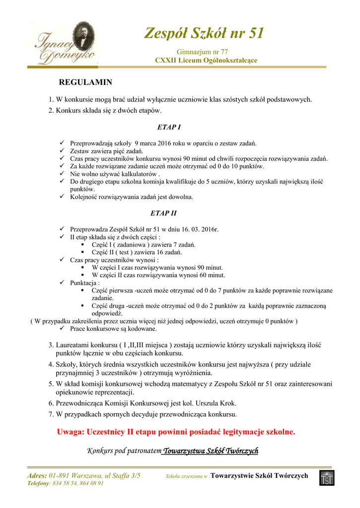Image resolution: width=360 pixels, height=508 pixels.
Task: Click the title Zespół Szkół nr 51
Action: (204, 33)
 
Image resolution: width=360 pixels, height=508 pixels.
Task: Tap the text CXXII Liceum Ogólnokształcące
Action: (206, 60)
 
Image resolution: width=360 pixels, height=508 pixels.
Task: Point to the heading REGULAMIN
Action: (86, 82)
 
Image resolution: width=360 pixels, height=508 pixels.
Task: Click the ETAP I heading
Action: (169, 127)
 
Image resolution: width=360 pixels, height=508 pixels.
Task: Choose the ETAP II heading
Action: (163, 213)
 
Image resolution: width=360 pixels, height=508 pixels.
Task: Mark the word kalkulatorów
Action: (135, 174)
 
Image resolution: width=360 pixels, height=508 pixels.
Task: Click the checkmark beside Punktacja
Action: (62, 283)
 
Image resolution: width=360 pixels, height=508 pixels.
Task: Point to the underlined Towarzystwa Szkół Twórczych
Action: (211, 451)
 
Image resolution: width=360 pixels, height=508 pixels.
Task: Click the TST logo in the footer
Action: (327, 478)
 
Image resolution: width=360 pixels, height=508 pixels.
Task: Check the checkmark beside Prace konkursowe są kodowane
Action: (62, 328)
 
